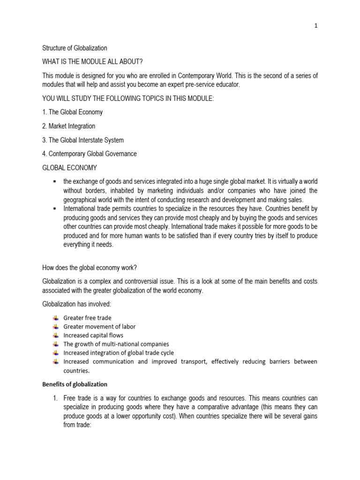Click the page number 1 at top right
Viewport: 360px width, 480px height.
coord(316,26)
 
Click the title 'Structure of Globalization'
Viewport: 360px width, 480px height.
coord(75,48)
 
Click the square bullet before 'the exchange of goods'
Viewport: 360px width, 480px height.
coord(55,181)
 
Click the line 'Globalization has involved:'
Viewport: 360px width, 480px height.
coord(76,304)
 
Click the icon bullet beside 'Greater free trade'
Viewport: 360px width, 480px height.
coord(57,318)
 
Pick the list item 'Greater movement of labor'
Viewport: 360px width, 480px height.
coord(99,327)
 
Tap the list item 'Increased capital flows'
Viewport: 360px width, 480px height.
coord(93,335)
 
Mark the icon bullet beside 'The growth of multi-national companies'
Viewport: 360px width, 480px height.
coord(57,344)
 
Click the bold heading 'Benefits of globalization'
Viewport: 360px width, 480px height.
coord(75,384)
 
